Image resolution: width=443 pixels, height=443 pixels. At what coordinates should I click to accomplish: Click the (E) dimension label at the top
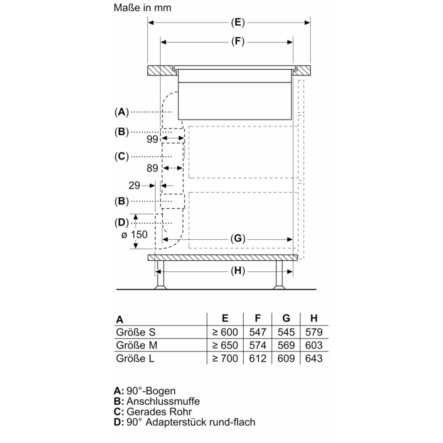point(238,22)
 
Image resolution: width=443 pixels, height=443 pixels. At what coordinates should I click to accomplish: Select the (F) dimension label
point(238,41)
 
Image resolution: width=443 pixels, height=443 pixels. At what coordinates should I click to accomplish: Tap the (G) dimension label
point(238,239)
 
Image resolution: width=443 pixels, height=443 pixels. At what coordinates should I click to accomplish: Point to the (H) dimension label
point(238,271)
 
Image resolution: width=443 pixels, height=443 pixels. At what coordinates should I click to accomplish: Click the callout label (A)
point(121,112)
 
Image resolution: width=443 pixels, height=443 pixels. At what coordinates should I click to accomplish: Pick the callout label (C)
point(121,156)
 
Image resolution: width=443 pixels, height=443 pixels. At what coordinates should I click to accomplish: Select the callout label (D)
point(121,223)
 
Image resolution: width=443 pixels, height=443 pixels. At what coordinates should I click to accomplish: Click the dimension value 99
point(152,139)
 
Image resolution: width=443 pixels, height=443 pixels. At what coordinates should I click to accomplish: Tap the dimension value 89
point(152,168)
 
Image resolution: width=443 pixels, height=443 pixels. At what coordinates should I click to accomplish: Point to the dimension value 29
point(134,185)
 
